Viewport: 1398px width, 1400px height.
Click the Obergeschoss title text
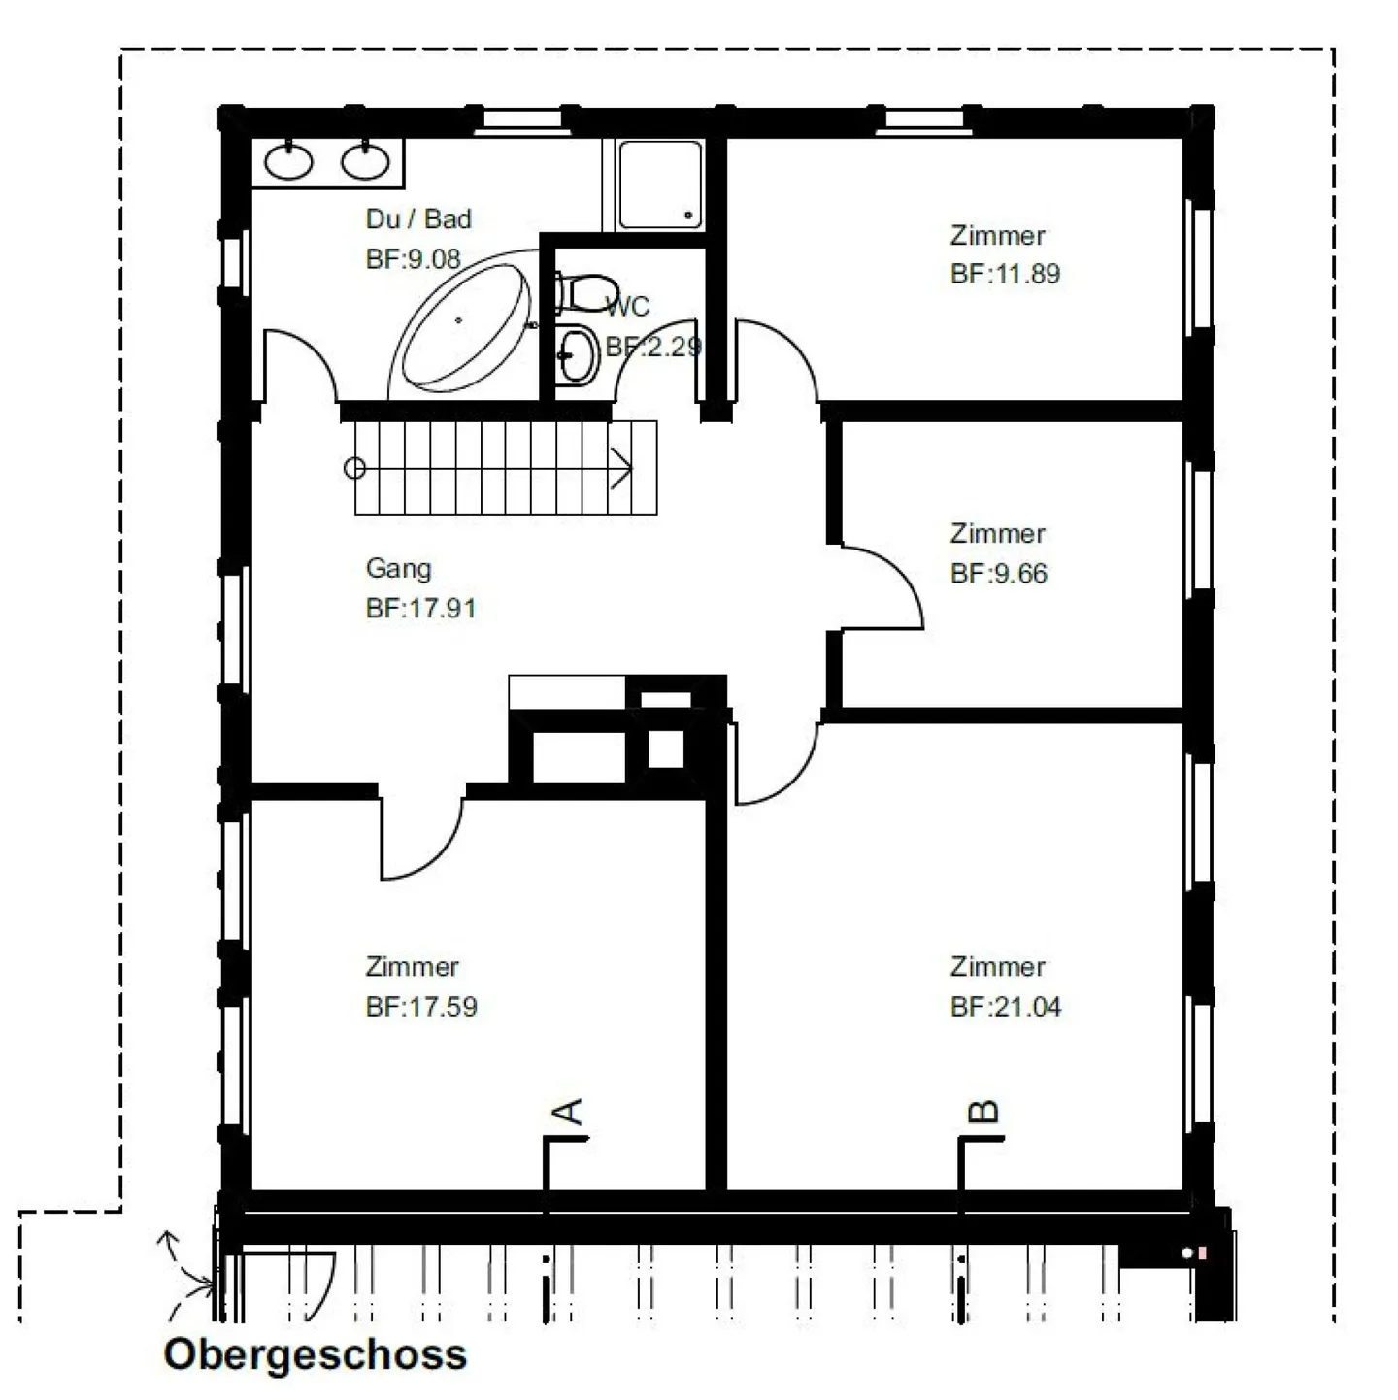316,1354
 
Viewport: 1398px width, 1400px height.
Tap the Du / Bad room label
418,218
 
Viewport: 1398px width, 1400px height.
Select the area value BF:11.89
1005,274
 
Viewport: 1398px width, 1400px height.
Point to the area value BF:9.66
998,574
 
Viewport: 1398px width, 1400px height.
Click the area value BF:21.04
1006,1007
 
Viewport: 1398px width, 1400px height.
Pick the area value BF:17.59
421,1007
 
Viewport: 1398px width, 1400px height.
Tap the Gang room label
398,569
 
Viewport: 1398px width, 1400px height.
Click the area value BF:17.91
420,608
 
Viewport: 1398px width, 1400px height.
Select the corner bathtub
465,325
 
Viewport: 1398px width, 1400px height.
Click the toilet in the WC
587,292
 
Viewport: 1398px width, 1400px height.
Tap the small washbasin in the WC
578,356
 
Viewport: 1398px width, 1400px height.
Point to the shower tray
660,185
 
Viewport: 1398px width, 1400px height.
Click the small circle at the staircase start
354,469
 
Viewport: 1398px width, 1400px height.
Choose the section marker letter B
984,1113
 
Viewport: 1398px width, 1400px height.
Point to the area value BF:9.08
413,258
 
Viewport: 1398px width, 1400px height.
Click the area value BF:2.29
653,347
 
